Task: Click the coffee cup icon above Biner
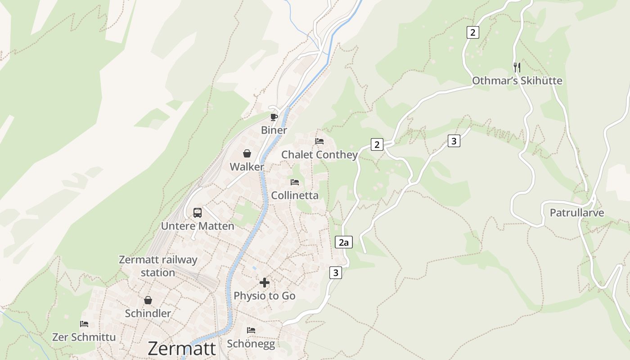[x=274, y=117]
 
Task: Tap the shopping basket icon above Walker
[x=247, y=153]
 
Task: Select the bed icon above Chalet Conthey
[x=319, y=141]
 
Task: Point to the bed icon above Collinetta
[x=295, y=182]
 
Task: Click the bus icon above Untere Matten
[x=198, y=212]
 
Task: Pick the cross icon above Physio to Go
[x=265, y=283]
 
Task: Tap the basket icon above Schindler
[x=148, y=300]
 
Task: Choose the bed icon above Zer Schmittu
[x=84, y=324]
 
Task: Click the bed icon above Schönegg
[x=251, y=330]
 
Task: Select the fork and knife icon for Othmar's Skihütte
[x=517, y=67]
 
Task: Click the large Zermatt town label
[x=182, y=349]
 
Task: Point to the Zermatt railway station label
[x=158, y=266]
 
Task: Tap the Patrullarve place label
[x=577, y=213]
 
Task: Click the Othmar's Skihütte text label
[x=517, y=81]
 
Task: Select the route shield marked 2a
[x=344, y=243]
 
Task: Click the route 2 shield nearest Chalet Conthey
[x=377, y=144]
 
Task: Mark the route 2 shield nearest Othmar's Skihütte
[x=472, y=32]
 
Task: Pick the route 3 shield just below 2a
[x=335, y=272]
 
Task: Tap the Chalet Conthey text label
[x=319, y=155]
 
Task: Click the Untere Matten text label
[x=198, y=226]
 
